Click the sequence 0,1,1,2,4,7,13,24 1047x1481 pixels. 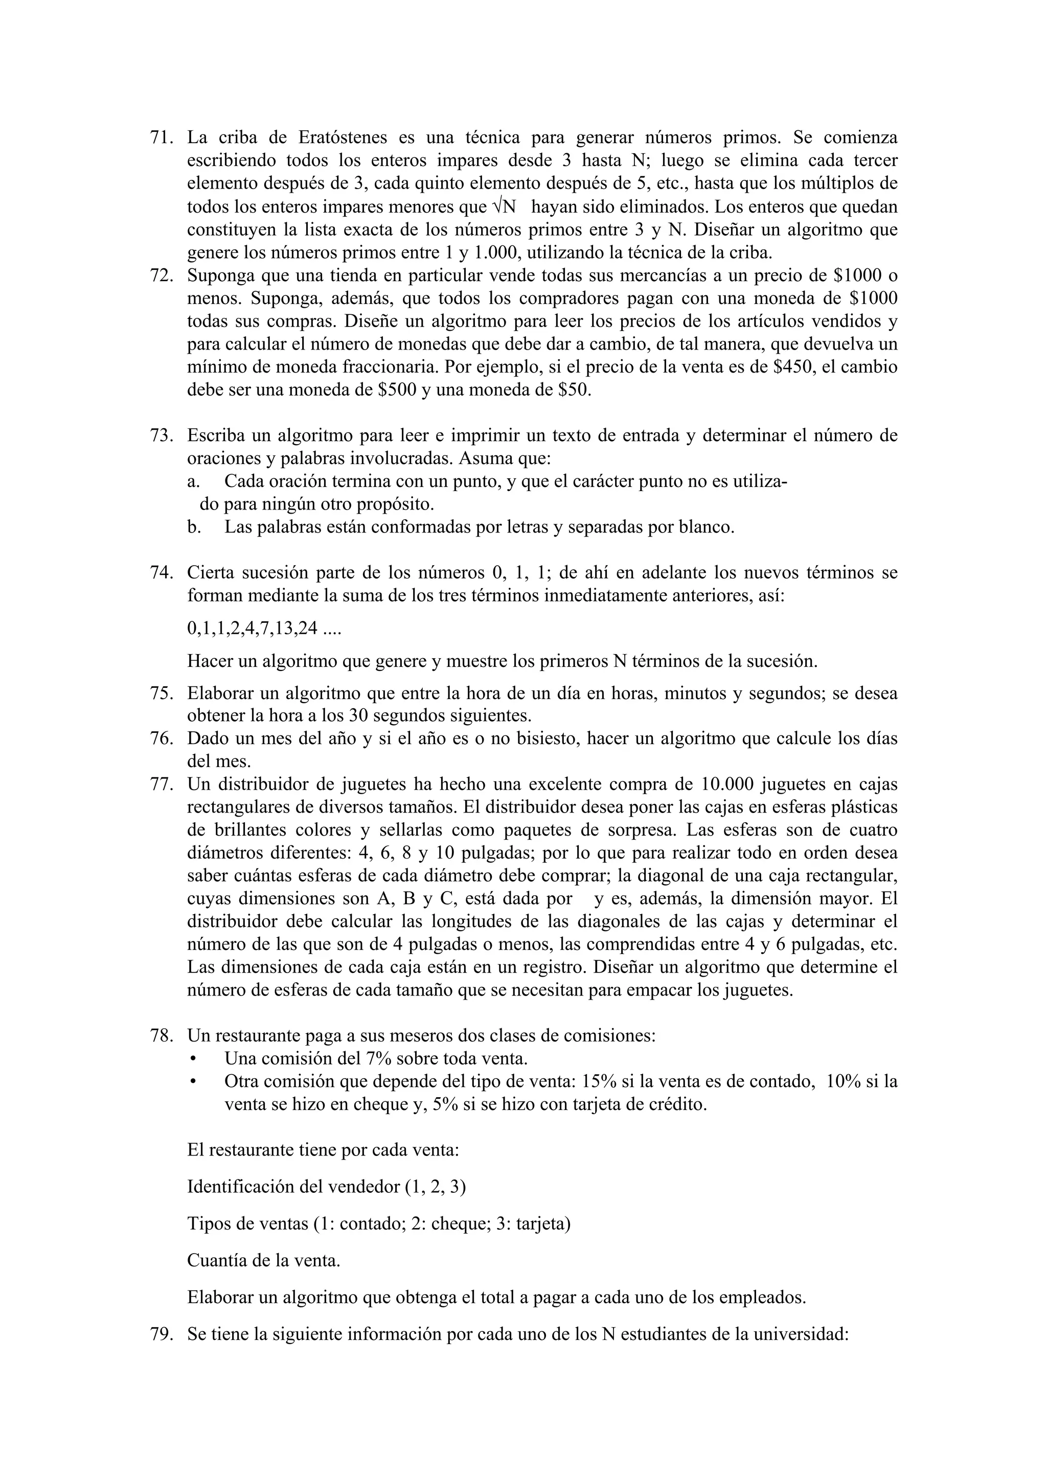pos(253,628)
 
